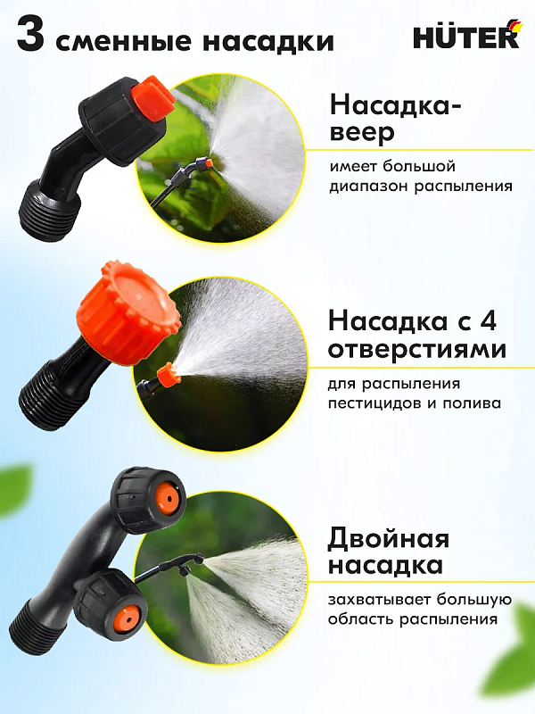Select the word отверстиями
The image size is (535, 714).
pyautogui.click(x=417, y=349)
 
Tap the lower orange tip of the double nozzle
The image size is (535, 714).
pyautogui.click(x=126, y=615)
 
